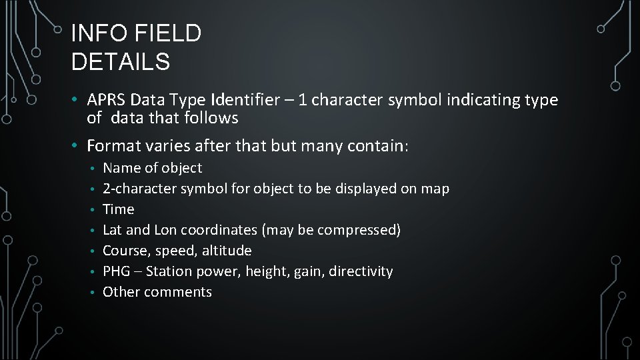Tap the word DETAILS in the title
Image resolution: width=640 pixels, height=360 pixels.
(120, 62)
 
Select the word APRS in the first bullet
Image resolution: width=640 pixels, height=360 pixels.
(107, 100)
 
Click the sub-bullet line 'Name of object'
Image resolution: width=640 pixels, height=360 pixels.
(152, 168)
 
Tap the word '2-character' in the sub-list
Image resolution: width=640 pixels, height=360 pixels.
(139, 189)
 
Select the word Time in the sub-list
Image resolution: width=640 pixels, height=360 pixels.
(118, 209)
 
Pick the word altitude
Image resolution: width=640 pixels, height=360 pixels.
(229, 251)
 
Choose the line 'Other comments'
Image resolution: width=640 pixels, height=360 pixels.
(157, 292)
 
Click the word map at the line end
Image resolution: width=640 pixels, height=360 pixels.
(435, 189)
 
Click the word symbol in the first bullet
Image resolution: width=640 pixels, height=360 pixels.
(412, 100)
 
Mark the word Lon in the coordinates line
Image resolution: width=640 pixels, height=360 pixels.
(165, 230)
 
